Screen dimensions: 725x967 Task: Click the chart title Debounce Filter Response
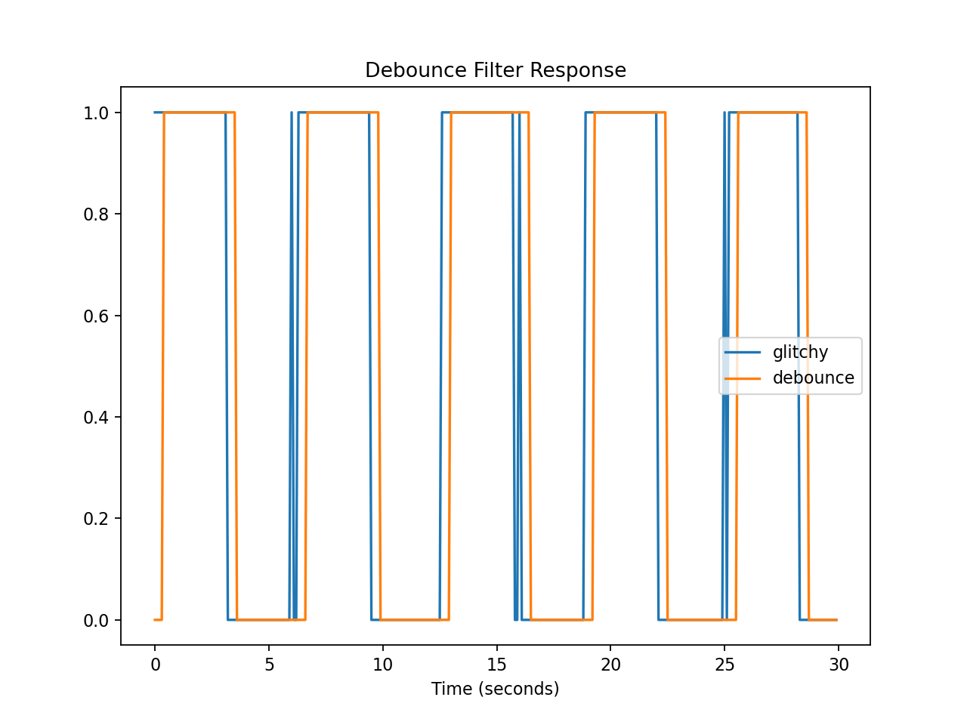pyautogui.click(x=496, y=70)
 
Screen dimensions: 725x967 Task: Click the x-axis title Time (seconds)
pyautogui.click(x=495, y=689)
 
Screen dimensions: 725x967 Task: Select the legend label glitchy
pyautogui.click(x=800, y=352)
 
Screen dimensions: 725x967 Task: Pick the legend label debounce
pyautogui.click(x=813, y=378)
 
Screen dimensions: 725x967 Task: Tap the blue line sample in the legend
pyautogui.click(x=743, y=353)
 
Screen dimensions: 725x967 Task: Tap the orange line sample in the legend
pyautogui.click(x=743, y=378)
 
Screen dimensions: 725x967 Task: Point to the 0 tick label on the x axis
pyautogui.click(x=155, y=665)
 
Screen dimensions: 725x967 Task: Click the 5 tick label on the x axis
pyautogui.click(x=269, y=665)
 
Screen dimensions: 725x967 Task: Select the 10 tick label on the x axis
pyautogui.click(x=383, y=665)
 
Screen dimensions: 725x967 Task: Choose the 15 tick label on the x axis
pyautogui.click(x=496, y=665)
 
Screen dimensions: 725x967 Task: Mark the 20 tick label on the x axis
pyautogui.click(x=610, y=665)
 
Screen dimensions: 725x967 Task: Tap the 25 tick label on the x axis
pyautogui.click(x=724, y=665)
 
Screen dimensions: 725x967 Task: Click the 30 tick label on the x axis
pyautogui.click(x=839, y=665)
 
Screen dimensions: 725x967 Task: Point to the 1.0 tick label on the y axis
pyautogui.click(x=96, y=113)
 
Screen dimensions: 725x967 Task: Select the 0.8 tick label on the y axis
pyautogui.click(x=96, y=214)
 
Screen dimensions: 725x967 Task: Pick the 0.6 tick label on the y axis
pyautogui.click(x=96, y=316)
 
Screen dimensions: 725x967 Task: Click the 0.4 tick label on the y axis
pyautogui.click(x=96, y=418)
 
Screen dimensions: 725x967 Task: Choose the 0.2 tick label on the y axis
pyautogui.click(x=96, y=519)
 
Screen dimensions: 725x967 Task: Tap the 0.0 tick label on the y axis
pyautogui.click(x=96, y=620)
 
